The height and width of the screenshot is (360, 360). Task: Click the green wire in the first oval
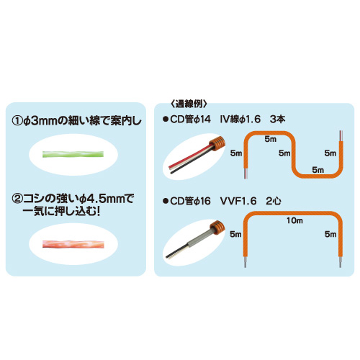73,154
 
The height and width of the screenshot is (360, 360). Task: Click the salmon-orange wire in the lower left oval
73,244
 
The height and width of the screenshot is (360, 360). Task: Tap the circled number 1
17,121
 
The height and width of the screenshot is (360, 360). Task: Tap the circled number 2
17,199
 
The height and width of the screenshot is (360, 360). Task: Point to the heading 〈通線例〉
189,104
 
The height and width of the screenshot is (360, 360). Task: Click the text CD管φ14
190,120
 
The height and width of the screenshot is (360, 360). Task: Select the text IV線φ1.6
240,120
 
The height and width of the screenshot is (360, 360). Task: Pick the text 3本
277,120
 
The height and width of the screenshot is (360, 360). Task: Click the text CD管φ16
190,201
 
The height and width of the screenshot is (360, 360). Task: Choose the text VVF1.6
238,201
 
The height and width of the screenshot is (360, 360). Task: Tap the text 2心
274,201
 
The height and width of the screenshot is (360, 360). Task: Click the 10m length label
294,220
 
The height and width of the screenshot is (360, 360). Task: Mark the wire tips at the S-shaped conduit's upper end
341,136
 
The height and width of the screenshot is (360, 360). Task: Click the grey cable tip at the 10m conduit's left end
245,262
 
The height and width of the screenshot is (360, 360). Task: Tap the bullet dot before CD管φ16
165,201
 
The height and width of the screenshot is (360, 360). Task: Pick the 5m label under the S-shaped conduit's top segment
270,139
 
